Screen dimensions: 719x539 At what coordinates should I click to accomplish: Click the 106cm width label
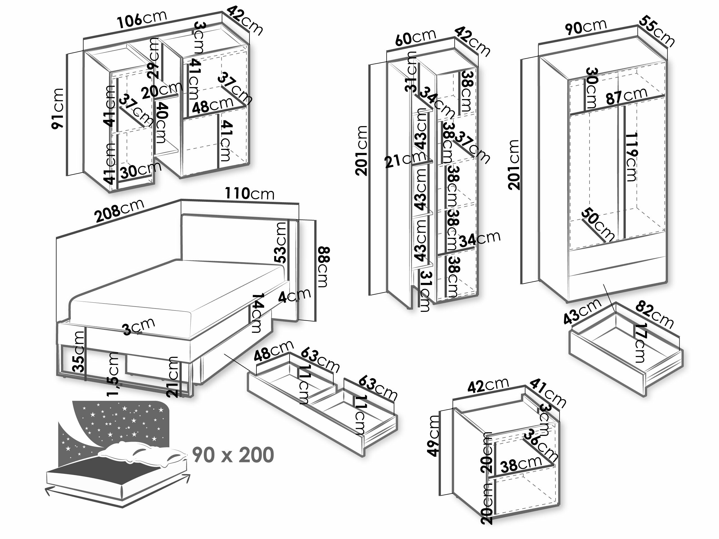click(x=142, y=19)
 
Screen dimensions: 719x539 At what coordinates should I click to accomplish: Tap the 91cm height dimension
click(x=58, y=108)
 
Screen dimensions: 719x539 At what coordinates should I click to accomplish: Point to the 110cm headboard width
click(x=250, y=193)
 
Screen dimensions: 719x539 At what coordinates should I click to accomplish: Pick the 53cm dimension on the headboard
click(x=281, y=242)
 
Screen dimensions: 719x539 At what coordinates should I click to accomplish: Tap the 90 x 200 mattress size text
click(x=233, y=455)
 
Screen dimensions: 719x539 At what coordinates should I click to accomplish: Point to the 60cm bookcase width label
click(x=415, y=37)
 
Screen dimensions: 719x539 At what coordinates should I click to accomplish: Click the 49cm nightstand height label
click(x=433, y=436)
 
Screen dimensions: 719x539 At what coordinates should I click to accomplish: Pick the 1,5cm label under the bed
click(x=113, y=374)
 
